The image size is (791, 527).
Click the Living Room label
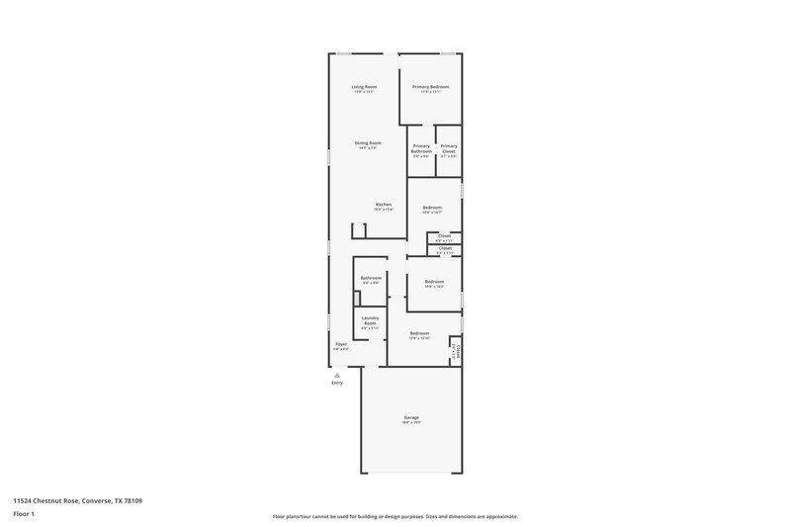(363, 87)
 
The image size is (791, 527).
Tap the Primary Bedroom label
(430, 87)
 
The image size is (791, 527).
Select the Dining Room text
(368, 143)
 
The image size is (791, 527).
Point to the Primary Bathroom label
(421, 148)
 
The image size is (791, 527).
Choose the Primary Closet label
(449, 148)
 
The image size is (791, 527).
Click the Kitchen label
(383, 205)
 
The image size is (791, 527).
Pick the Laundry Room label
(370, 320)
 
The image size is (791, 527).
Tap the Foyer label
(340, 344)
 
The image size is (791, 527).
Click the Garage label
(411, 418)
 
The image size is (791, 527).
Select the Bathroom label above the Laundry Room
(371, 278)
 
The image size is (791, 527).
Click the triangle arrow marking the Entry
(336, 376)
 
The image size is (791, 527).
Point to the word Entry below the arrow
(336, 384)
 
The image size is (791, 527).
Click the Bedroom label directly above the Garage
(419, 333)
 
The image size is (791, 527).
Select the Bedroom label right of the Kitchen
(432, 207)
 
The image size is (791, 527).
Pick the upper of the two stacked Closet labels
(445, 235)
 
